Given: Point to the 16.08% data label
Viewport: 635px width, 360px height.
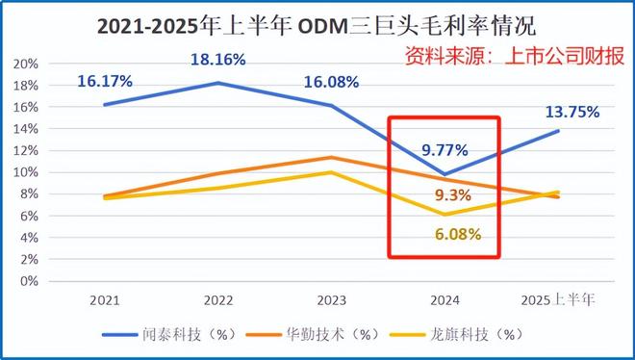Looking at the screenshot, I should tap(331, 82).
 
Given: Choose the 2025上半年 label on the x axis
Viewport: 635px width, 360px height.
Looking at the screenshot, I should tap(556, 299).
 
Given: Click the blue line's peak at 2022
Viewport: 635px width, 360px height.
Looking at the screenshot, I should tap(218, 83).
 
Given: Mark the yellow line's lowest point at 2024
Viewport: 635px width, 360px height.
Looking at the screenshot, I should tap(444, 215).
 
